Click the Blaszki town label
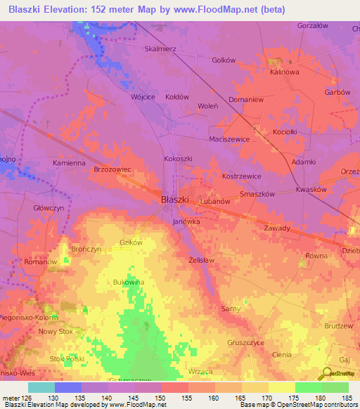pos(175,200)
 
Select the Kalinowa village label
pos(285,72)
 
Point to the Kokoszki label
pos(178,160)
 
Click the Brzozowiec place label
pos(112,170)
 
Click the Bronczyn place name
pos(86,249)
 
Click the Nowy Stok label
pos(56,332)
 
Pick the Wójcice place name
pos(143,97)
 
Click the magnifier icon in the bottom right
pos(326,374)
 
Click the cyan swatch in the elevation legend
pos(41,387)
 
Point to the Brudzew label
pos(340,327)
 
